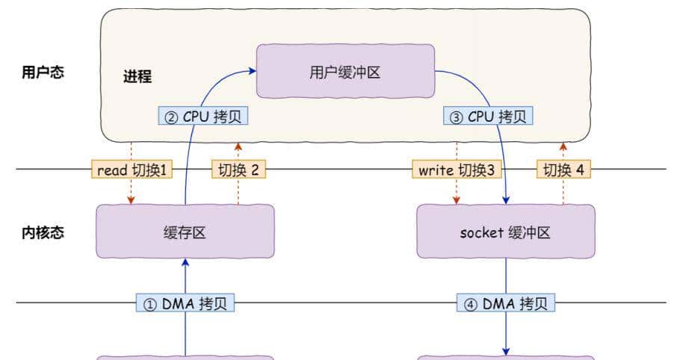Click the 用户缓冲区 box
click(x=345, y=71)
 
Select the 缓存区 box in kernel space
click(x=185, y=232)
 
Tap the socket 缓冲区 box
click(x=505, y=232)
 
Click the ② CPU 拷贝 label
click(x=203, y=117)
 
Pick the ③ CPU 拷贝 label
click(x=489, y=117)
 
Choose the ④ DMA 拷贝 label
click(x=506, y=303)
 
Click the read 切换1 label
click(x=132, y=170)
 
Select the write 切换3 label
click(x=457, y=170)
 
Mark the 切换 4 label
click(x=563, y=170)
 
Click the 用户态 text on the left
click(x=43, y=73)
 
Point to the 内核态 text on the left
click(x=43, y=232)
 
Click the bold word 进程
click(x=137, y=77)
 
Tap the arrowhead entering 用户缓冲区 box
click(x=252, y=71)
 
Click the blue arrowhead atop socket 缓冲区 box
click(x=506, y=200)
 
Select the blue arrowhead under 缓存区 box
click(x=185, y=263)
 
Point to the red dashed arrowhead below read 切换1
click(x=132, y=200)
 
